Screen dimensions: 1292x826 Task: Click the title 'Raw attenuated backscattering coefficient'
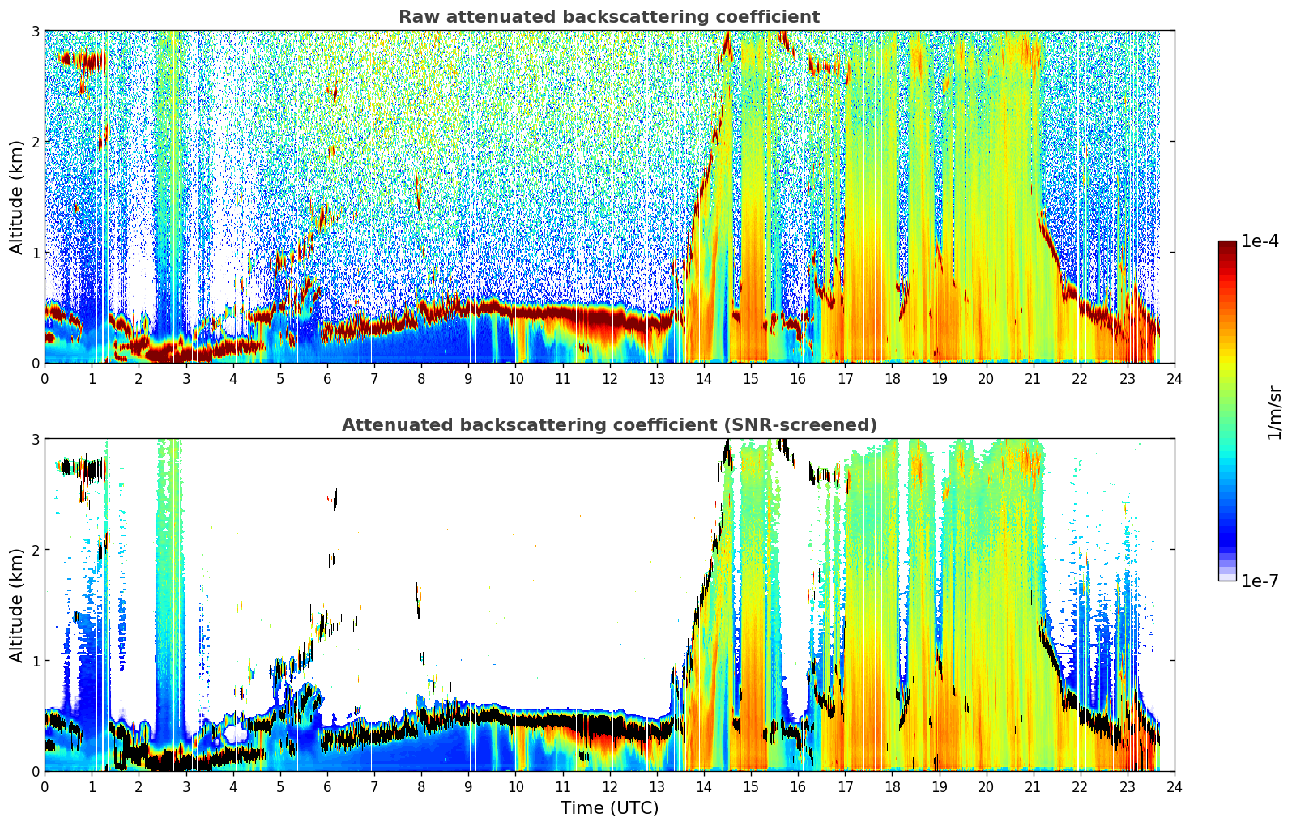point(609,17)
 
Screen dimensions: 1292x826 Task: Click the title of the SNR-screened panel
point(609,424)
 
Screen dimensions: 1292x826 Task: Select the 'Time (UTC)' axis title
point(609,807)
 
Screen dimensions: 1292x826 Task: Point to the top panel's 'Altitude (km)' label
point(16,198)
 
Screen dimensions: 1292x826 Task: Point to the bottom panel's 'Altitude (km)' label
point(16,605)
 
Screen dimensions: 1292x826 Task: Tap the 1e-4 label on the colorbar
point(1260,241)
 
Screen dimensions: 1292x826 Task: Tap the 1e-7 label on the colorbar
point(1260,581)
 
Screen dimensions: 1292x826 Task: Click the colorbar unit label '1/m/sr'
point(1273,413)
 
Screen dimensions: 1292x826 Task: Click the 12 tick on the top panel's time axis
point(610,379)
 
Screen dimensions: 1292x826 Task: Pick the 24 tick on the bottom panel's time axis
point(1175,787)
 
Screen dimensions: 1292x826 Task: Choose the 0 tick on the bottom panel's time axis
point(45,787)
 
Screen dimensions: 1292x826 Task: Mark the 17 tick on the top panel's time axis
point(845,379)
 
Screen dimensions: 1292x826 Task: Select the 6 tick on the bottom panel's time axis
point(327,787)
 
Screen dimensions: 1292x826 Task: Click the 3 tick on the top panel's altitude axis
point(35,31)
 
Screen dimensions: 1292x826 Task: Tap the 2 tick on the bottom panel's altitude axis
point(35,550)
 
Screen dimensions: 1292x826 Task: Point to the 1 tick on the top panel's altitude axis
point(35,253)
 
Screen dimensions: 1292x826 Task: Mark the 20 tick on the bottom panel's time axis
point(987,787)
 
